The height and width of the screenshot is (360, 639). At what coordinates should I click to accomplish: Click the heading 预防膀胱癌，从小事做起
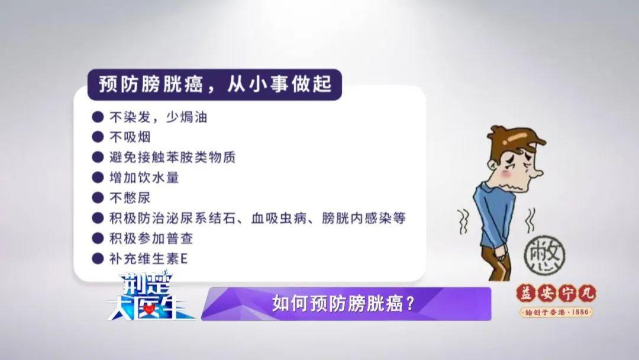point(215,85)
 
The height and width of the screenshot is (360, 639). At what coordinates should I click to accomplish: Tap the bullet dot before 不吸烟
point(98,137)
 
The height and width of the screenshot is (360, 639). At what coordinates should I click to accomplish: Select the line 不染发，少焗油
point(158,117)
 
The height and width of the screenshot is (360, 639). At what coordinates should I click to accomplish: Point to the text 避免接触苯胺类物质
point(172,157)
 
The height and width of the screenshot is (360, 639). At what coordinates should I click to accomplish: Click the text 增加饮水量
point(144,178)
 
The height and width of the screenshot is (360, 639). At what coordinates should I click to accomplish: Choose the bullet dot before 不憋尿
point(98,198)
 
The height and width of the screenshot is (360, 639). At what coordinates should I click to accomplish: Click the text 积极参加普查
point(151,238)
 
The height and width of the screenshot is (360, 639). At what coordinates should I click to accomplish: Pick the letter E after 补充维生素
point(184,259)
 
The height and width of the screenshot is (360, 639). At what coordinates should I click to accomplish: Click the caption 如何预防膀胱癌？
point(343,303)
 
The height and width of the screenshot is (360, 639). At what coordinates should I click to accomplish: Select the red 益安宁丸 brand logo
point(556,294)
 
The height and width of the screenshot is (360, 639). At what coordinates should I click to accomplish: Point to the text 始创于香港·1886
point(556,312)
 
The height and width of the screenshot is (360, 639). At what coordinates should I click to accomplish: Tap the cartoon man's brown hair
point(516,139)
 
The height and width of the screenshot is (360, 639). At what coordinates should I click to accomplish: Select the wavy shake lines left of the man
point(463,222)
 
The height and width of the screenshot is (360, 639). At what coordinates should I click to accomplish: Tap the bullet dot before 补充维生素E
point(98,259)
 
